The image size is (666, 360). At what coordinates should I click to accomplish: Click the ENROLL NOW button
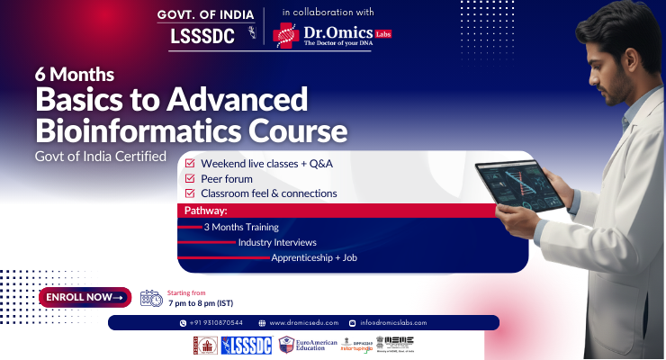(85, 297)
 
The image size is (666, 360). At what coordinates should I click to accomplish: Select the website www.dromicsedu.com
(301, 322)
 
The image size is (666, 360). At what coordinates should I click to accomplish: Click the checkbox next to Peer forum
(189, 179)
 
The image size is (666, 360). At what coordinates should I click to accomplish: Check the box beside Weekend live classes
(189, 165)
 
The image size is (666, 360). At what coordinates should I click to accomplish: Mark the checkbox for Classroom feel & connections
(189, 193)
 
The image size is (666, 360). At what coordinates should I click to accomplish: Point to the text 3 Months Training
(241, 227)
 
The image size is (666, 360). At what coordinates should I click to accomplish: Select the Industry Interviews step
(277, 242)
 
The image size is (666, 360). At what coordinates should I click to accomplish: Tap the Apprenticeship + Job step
(314, 257)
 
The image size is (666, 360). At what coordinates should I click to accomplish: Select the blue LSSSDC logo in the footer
(244, 345)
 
